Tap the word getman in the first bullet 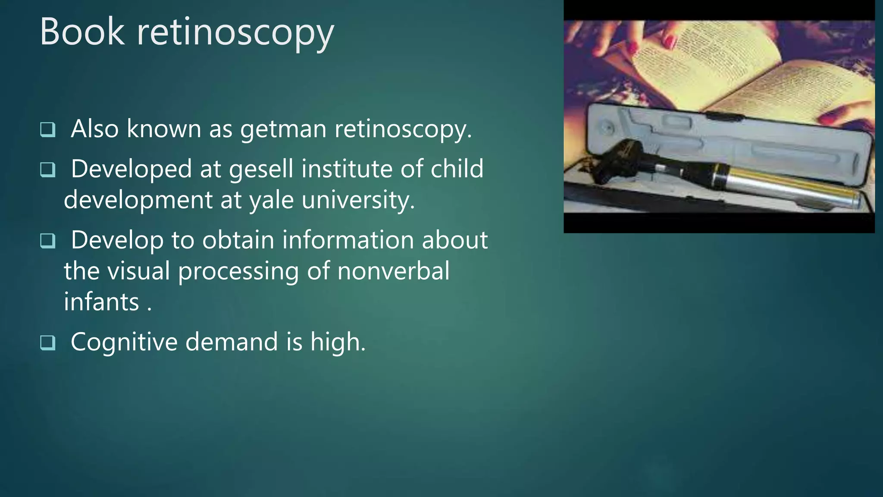tap(283, 129)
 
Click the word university tap(358, 200)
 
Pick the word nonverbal tap(393, 271)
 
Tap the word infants tap(101, 302)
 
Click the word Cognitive tap(124, 342)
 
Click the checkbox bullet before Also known tap(47, 129)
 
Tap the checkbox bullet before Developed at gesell tap(47, 169)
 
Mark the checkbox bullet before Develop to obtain tap(47, 240)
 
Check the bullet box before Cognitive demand tap(47, 343)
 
